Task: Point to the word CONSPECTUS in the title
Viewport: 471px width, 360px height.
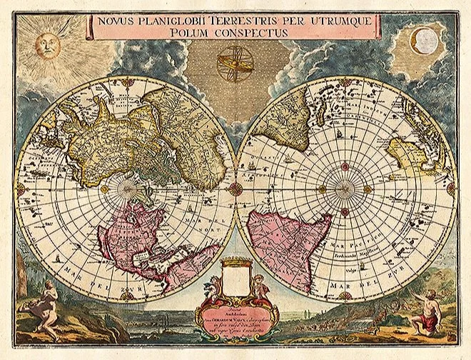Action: (254, 33)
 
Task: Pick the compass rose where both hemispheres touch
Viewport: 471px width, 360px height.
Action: (235, 189)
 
